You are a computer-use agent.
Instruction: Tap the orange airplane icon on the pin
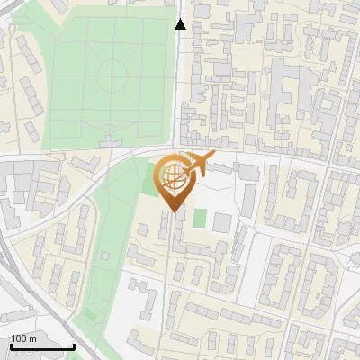[196, 166]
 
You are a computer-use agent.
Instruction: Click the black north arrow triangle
[180, 24]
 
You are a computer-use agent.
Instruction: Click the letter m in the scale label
[33, 338]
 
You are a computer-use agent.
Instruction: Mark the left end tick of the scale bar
[11, 346]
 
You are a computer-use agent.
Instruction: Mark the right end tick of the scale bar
[75, 346]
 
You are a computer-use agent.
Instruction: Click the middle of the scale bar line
[42, 347]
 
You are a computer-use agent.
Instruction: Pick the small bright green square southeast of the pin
[200, 218]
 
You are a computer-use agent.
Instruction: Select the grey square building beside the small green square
[221, 222]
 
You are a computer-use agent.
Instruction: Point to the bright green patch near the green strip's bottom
[89, 315]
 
